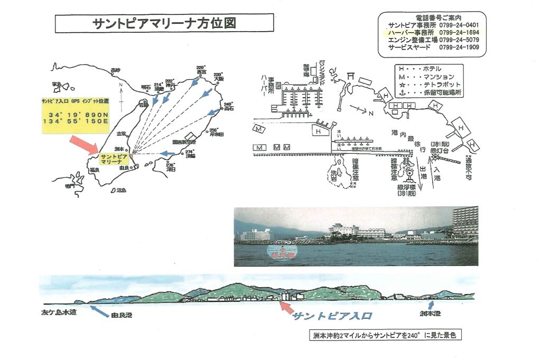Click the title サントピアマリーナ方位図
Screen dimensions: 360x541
coord(164,23)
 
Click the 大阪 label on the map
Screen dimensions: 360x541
coord(219,80)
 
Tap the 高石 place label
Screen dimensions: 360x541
coord(228,110)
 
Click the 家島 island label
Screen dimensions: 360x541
coord(57,83)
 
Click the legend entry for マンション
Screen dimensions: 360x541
coord(429,76)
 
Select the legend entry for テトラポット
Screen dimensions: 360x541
coord(429,84)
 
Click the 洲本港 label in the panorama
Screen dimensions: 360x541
coord(432,314)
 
